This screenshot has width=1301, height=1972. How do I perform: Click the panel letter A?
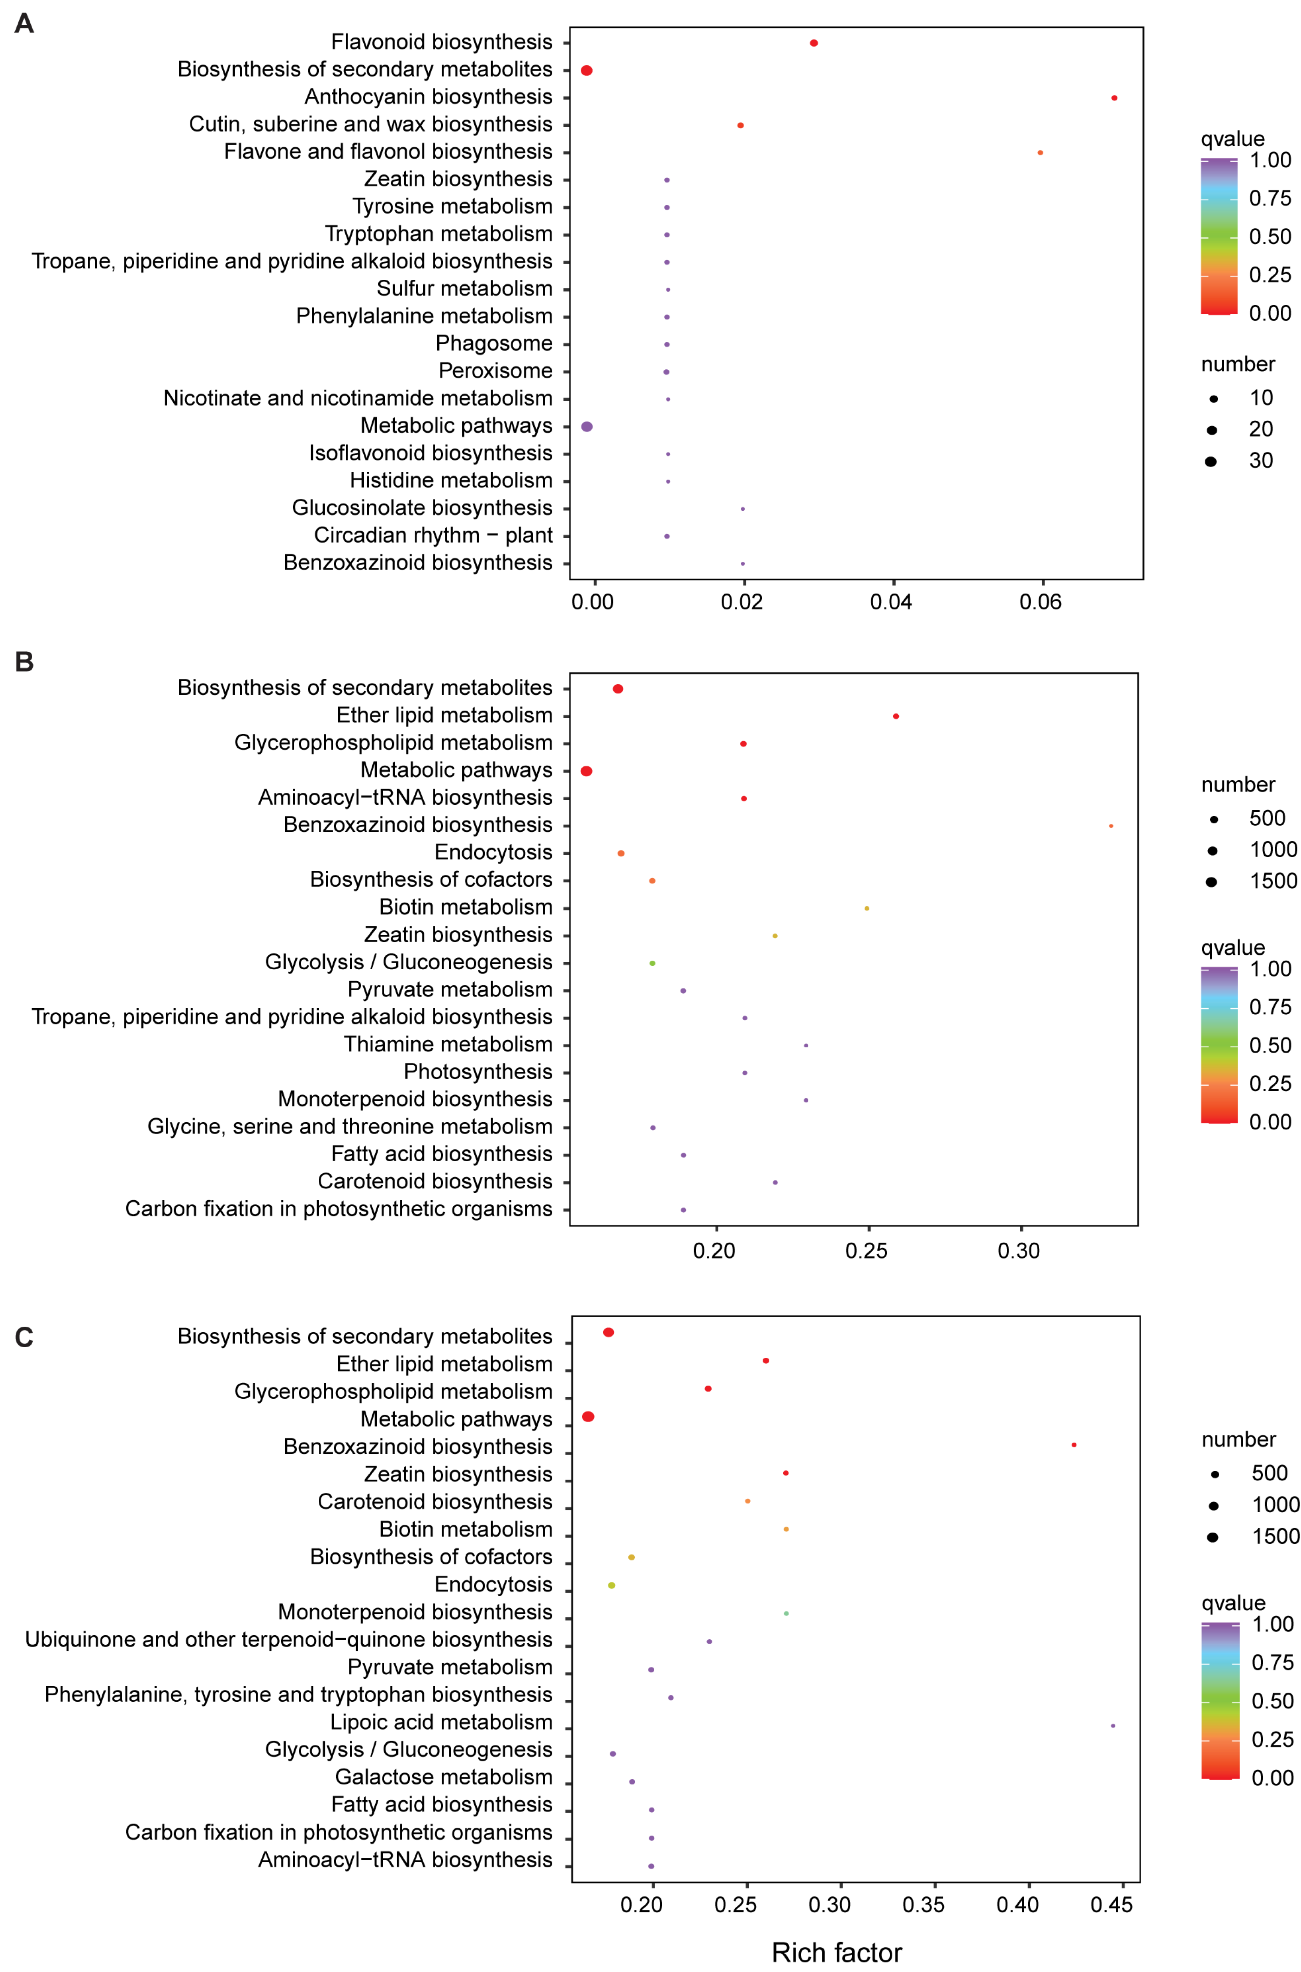click(24, 23)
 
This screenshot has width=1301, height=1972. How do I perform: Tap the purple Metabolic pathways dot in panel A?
click(587, 426)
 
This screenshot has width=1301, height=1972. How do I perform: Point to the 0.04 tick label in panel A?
click(891, 601)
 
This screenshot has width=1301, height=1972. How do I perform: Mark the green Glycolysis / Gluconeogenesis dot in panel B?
click(652, 963)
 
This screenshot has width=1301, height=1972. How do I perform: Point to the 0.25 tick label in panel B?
click(866, 1250)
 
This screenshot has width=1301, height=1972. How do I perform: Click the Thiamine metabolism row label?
click(448, 1044)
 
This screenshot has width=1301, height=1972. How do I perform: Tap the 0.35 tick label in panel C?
click(923, 1905)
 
